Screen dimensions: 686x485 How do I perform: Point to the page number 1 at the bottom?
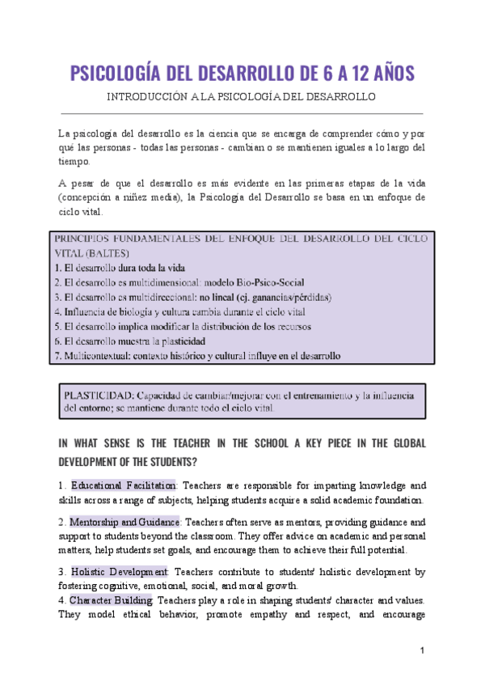[422, 651]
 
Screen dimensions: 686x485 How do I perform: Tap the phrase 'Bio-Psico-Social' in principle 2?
[265, 282]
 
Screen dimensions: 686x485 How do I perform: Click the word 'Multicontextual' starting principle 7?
[99, 355]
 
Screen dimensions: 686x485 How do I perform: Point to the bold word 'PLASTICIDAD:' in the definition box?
[98, 396]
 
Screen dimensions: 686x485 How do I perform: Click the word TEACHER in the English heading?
[183, 444]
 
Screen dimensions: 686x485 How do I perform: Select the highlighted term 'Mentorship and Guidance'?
[124, 522]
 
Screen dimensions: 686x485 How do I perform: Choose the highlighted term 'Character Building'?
[111, 600]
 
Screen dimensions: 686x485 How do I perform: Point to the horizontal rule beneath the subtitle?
[242, 113]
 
